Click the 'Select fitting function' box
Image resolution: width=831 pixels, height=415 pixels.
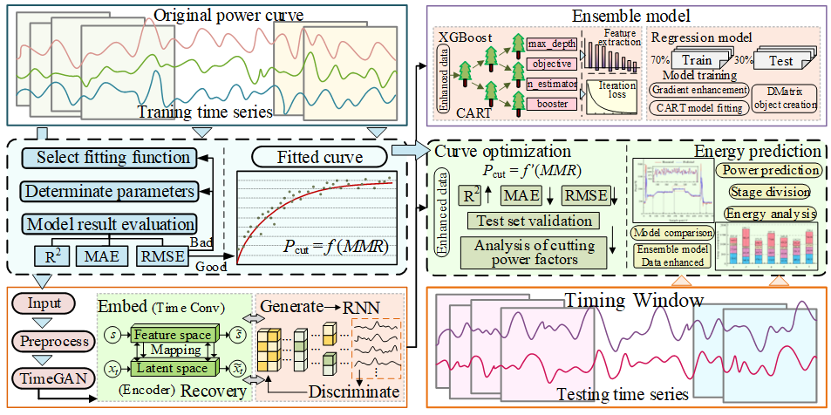coord(106,158)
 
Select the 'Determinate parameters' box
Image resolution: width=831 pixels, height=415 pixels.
coord(106,190)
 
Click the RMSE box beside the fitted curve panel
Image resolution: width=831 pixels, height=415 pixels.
coord(163,255)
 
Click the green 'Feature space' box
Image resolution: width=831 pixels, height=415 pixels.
coord(171,336)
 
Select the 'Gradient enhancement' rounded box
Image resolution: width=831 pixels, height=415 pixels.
coord(699,89)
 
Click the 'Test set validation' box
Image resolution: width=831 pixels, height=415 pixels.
coord(530,221)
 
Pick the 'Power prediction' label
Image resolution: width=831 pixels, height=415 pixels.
coord(768,170)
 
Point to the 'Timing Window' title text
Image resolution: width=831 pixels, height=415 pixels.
coord(633,301)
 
